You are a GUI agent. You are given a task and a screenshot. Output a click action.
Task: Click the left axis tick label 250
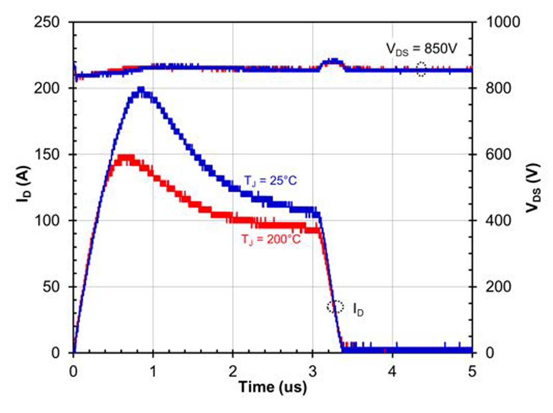pyautogui.click(x=47, y=22)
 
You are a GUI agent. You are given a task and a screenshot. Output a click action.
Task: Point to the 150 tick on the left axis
pyautogui.click(x=47, y=154)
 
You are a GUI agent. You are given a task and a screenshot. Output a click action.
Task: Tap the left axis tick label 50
pyautogui.click(x=51, y=287)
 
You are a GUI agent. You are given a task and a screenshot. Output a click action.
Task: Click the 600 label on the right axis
pyautogui.click(x=498, y=154)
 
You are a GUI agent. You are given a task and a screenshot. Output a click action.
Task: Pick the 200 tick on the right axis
pyautogui.click(x=498, y=287)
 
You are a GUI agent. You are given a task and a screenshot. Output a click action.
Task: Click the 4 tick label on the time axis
pyautogui.click(x=392, y=371)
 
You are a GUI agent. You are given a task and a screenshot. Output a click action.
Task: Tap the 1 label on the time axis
pyautogui.click(x=153, y=371)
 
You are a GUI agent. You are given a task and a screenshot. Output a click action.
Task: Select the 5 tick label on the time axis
pyautogui.click(x=472, y=371)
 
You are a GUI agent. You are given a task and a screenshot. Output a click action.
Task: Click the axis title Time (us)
pyautogui.click(x=272, y=387)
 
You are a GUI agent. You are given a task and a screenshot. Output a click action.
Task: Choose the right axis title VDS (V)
pyautogui.click(x=533, y=188)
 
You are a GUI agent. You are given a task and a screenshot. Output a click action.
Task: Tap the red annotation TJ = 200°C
pyautogui.click(x=271, y=239)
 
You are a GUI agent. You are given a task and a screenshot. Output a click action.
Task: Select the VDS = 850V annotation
pyautogui.click(x=421, y=49)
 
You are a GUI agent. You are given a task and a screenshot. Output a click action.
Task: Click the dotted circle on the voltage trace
pyautogui.click(x=421, y=69)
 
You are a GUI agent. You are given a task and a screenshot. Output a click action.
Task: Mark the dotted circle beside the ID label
pyautogui.click(x=335, y=307)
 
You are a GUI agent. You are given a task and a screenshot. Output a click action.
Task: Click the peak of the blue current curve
pyautogui.click(x=141, y=90)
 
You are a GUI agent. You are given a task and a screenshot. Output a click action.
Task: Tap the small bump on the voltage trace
pyautogui.click(x=333, y=62)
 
